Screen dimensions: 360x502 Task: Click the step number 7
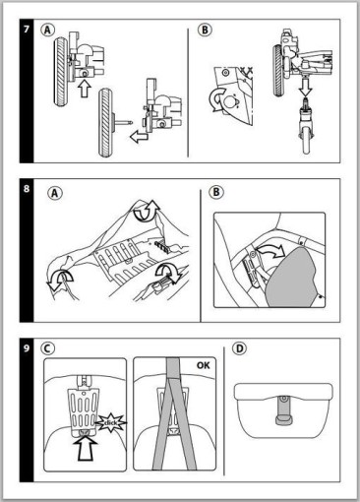tap(27, 30)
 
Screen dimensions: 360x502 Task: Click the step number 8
tap(27, 189)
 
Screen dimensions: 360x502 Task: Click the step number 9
tap(27, 348)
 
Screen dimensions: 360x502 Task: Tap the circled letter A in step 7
tap(47, 31)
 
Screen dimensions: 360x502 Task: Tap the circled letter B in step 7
tap(205, 31)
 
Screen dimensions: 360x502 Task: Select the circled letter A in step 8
tap(55, 193)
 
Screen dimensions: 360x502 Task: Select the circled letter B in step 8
tap(216, 192)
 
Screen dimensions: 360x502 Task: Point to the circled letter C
tap(48, 348)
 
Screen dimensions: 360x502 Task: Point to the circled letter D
tap(239, 348)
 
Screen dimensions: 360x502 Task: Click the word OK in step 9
tap(203, 365)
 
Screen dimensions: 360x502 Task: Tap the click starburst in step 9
tap(110, 422)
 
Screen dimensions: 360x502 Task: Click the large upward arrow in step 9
tap(86, 449)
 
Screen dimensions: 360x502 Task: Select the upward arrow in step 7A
tap(85, 89)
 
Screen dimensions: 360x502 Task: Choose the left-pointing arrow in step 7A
tap(139, 136)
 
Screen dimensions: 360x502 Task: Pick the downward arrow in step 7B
tap(305, 88)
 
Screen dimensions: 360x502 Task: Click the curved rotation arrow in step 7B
tap(216, 99)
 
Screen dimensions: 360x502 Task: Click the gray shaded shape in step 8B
tap(291, 278)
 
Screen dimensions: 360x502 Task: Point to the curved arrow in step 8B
tap(270, 252)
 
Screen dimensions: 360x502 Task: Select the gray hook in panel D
tap(283, 410)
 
